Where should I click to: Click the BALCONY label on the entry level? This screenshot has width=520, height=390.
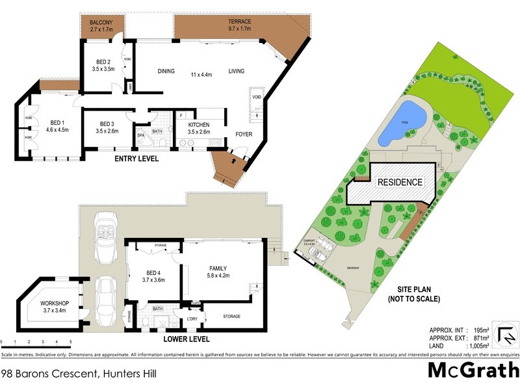[x=100, y=22]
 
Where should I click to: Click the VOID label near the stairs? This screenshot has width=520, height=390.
[x=256, y=97]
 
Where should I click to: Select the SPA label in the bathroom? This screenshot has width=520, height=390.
[x=140, y=135]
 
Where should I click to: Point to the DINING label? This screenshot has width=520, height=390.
[x=166, y=71]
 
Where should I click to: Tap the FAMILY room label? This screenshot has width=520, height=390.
[x=218, y=268]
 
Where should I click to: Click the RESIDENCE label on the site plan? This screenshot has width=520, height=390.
[x=400, y=183]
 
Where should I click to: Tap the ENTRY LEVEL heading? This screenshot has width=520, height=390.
[x=136, y=159]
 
